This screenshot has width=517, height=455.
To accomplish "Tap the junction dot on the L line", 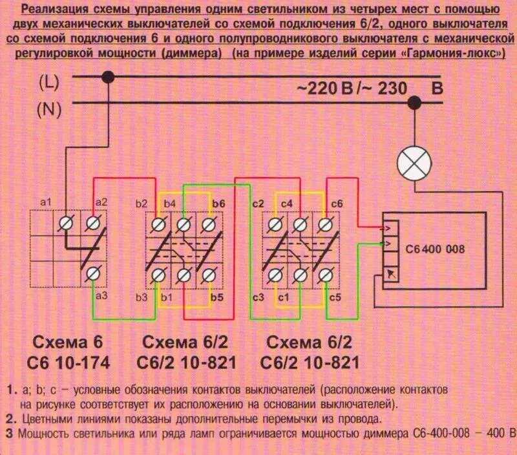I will [x=109, y=77].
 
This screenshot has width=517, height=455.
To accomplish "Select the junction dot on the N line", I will [x=415, y=102].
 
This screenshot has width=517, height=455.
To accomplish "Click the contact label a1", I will [x=46, y=202].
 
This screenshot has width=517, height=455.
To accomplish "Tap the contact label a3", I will [x=101, y=296].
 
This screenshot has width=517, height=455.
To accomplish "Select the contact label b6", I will [x=218, y=204].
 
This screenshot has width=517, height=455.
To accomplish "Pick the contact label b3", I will [x=142, y=297].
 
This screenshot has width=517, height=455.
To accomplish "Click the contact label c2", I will [x=258, y=204].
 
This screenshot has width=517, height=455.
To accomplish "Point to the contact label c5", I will [x=335, y=297].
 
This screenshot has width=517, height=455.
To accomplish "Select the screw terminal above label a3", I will [x=94, y=274].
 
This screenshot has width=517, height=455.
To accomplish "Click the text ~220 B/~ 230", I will [x=352, y=88].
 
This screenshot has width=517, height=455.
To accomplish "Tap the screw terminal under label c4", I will [x=300, y=225].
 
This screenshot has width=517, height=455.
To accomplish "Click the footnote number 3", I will [x=9, y=432].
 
